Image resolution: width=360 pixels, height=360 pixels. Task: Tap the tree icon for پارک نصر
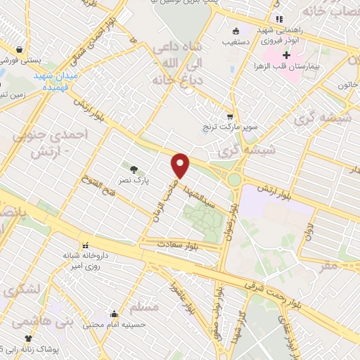click(134, 169)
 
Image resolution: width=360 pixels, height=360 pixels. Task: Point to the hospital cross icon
click(286, 55)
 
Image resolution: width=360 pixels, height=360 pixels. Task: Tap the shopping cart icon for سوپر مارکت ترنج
click(229, 117)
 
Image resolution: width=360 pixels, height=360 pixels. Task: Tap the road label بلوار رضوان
click(233, 220)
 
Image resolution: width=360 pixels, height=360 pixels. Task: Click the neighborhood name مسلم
click(144, 307)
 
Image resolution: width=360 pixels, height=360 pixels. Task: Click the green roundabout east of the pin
click(234, 181)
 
